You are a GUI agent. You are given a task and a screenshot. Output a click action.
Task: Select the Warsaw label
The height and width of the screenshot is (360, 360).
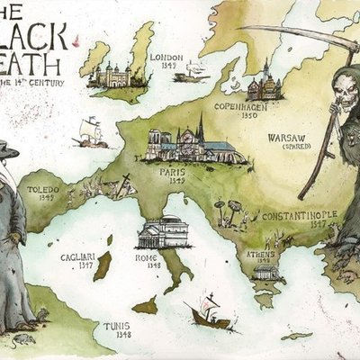[x=286, y=139]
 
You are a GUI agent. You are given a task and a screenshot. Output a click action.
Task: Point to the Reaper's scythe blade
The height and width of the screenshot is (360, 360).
[x=279, y=34]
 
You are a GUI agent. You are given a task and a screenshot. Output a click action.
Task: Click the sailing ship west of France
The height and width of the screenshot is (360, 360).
[x=90, y=132]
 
